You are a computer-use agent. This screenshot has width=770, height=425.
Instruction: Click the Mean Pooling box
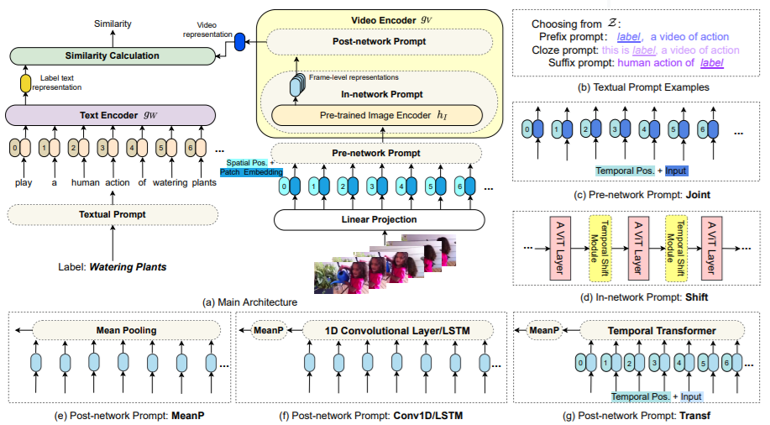click(x=127, y=330)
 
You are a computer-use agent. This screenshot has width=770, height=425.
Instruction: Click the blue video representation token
click(x=240, y=40)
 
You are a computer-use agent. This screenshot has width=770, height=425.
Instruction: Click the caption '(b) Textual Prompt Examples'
click(x=638, y=87)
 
